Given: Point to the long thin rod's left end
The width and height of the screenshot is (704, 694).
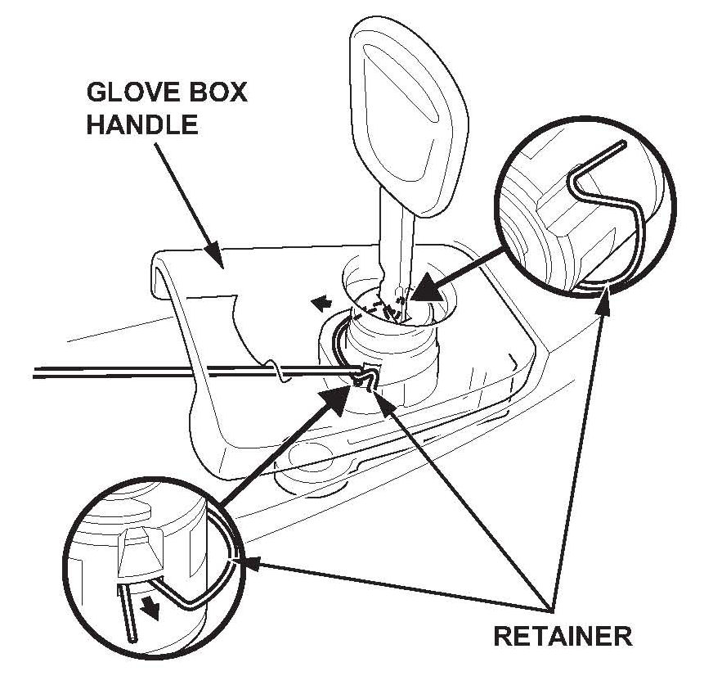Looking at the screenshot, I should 37,374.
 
